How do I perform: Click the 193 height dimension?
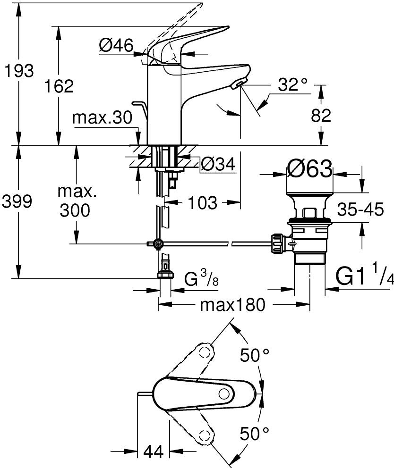19,71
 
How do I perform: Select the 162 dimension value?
59,86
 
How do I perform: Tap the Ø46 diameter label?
116,45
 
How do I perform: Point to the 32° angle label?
292,84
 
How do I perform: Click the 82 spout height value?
321,116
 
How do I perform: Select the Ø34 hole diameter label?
218,164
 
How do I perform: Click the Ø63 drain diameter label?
309,168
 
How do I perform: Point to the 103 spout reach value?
202,203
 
